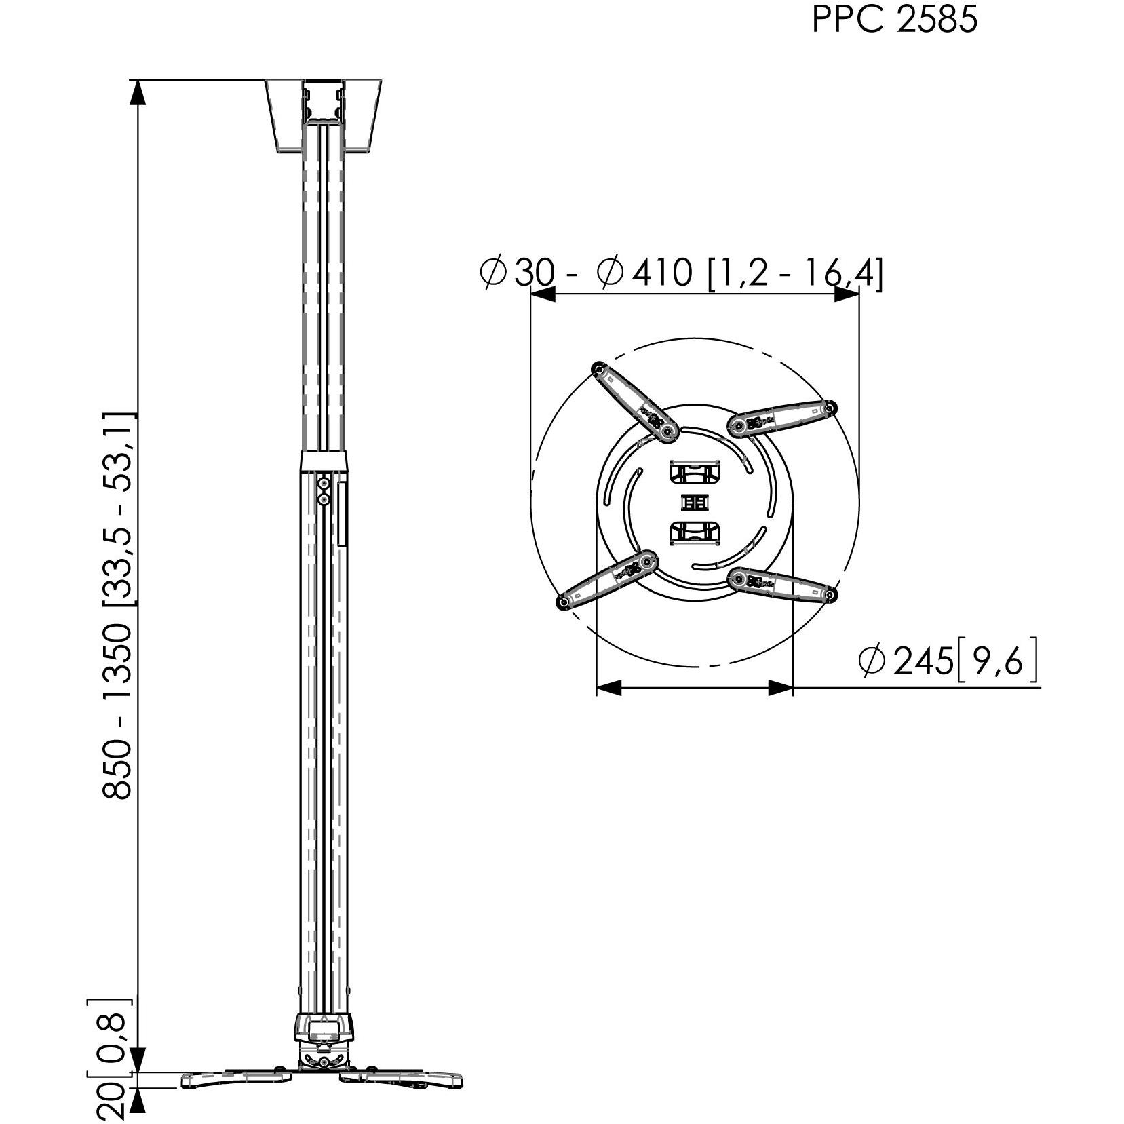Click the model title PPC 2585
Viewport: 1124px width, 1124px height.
pyautogui.click(x=894, y=20)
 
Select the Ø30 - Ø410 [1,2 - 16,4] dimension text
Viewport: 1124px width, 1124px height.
pyautogui.click(x=681, y=273)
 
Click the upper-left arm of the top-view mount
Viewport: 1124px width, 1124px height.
pyautogui.click(x=632, y=400)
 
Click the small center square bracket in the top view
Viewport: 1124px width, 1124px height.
pyautogui.click(x=694, y=503)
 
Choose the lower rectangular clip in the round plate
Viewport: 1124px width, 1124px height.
pyautogui.click(x=694, y=533)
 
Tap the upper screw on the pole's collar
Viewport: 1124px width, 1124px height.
pyautogui.click(x=324, y=483)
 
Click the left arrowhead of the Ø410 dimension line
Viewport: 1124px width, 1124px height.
pyautogui.click(x=543, y=294)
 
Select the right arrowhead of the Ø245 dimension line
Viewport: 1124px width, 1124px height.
pyautogui.click(x=780, y=688)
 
